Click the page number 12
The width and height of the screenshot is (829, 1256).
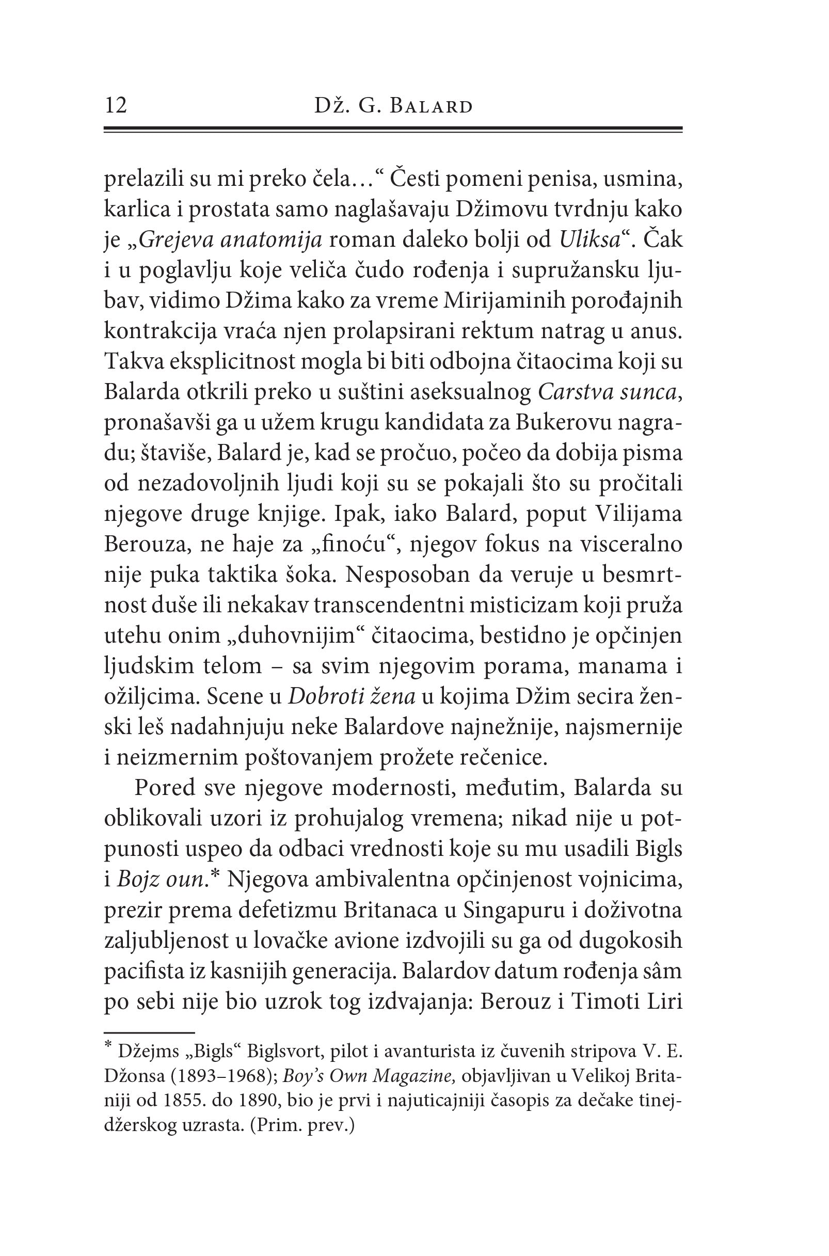coord(116,106)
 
